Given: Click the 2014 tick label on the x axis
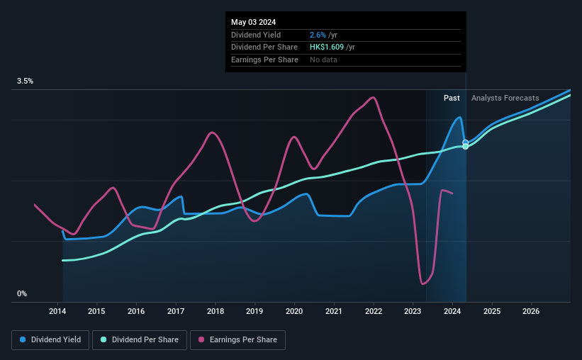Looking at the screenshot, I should (57, 311).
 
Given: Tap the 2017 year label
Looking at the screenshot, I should (176, 311).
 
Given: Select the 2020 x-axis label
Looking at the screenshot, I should (294, 311).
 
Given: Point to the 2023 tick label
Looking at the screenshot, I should (413, 311).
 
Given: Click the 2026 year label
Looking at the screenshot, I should (531, 311).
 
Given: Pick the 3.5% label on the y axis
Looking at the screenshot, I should (26, 81).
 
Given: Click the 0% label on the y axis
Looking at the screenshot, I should (22, 293).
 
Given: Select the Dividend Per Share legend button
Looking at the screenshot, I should (140, 340).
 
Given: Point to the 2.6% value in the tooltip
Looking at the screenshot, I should (318, 35).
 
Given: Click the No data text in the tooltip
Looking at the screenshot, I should (323, 60).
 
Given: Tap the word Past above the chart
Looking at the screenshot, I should (452, 98).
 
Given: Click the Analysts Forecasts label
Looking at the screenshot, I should (505, 98).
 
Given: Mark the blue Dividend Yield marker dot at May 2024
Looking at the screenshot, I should (466, 142).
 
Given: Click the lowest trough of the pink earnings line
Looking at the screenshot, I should (423, 284).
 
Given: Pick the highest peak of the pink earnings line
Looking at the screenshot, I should (373, 97).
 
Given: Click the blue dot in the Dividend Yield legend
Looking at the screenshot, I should (23, 340).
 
